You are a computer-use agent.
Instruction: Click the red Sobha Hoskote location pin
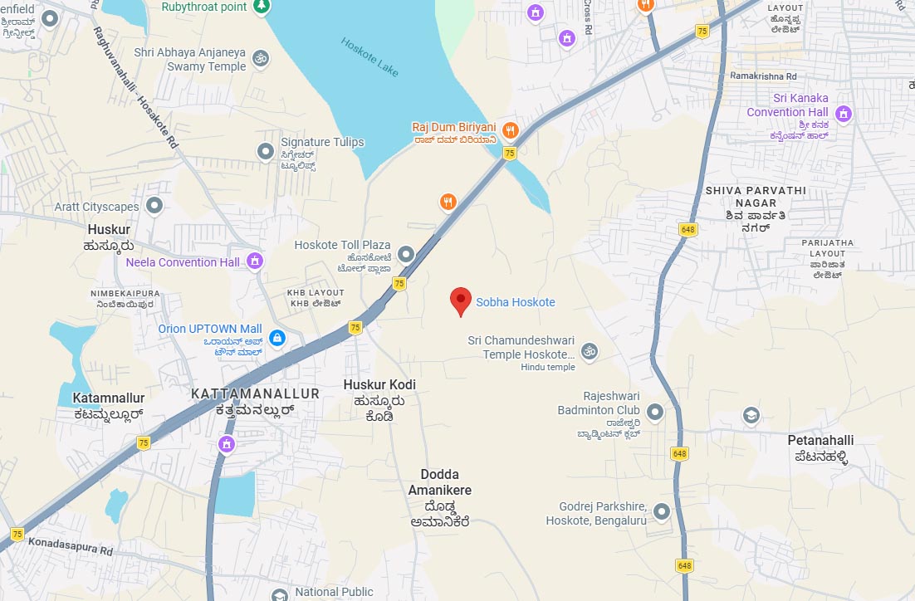pos(461,301)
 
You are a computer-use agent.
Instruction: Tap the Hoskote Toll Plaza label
pos(342,245)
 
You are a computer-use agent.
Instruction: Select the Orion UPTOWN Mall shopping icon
pos(277,338)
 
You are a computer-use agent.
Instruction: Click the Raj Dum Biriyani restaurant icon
pos(511,129)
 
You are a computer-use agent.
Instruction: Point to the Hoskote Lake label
pos(370,56)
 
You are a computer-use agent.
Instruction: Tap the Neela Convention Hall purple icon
pos(255,261)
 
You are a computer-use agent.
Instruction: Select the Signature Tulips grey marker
pos(266,151)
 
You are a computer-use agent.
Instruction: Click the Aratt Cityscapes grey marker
pos(154,204)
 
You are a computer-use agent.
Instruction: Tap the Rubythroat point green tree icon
pos(262,6)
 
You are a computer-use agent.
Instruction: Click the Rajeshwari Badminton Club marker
pos(655,412)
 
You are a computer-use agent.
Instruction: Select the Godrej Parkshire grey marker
pos(662,511)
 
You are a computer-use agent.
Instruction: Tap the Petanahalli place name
pos(820,440)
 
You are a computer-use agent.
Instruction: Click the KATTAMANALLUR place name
pos(255,393)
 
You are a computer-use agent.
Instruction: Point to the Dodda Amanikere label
pos(440,482)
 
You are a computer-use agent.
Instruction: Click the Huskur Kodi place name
pos(379,384)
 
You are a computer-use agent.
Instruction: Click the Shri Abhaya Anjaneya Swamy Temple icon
pos(261,58)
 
